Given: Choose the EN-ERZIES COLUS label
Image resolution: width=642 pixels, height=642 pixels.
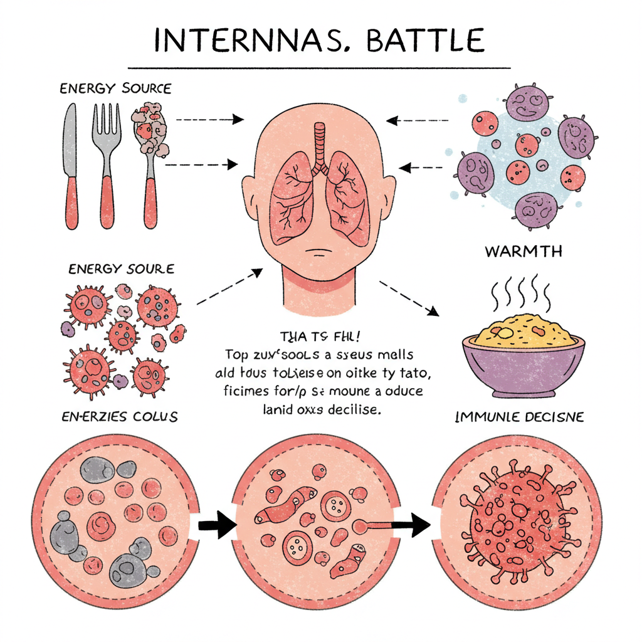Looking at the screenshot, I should pos(119,417).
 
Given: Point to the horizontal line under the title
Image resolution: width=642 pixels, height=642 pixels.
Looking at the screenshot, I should pos(320,67).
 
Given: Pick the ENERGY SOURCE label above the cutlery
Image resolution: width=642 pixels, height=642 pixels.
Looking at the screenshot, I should pos(115,88).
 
